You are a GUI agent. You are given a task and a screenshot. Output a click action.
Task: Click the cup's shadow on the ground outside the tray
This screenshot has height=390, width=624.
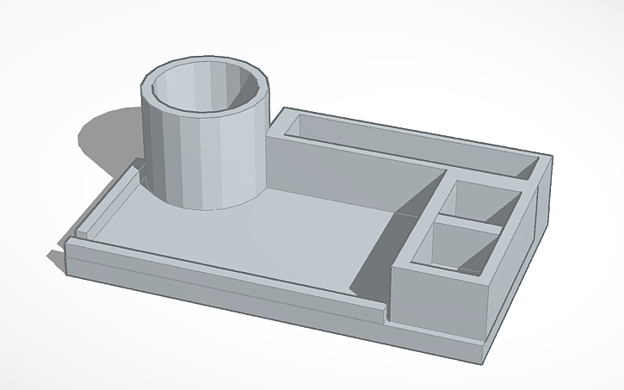108,142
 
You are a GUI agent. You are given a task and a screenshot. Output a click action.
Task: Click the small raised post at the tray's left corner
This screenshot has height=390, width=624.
83,230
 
